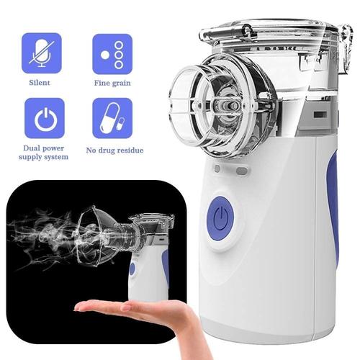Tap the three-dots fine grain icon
(x=112, y=52)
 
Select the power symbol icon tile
(x=45, y=117)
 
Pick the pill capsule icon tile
(x=112, y=117)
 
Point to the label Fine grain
(x=112, y=84)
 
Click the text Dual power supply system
(x=45, y=152)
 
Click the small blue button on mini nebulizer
(x=132, y=269)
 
